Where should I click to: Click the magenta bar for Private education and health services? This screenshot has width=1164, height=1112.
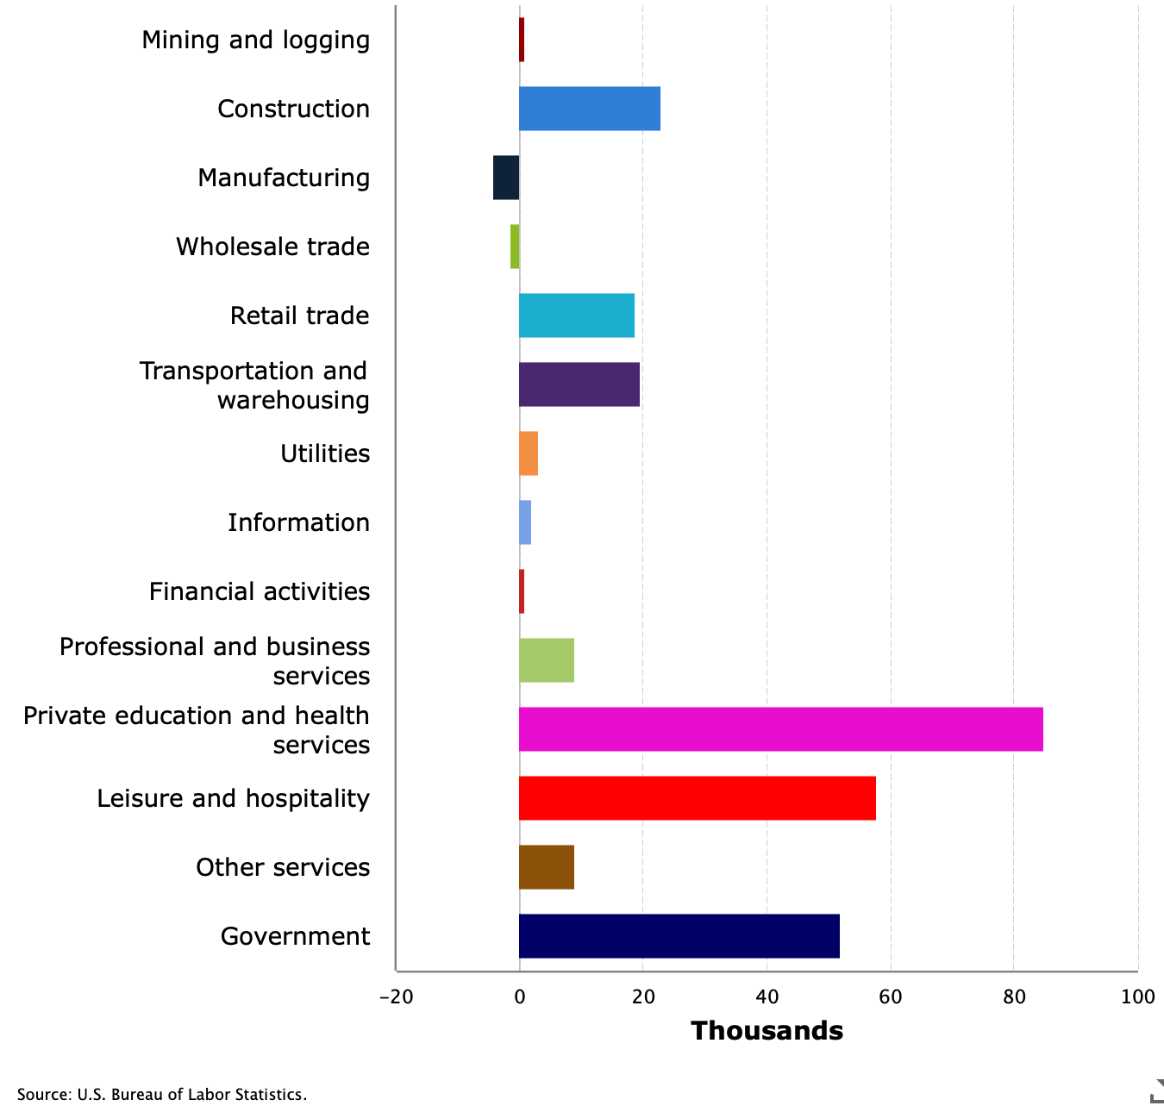780,729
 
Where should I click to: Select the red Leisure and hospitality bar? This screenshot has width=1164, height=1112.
697,798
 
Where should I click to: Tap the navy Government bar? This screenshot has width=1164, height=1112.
679,936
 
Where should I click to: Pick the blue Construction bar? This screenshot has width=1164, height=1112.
589,109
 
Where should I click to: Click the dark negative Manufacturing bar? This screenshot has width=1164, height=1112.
506,178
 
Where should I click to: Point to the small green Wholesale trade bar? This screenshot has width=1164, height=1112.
515,247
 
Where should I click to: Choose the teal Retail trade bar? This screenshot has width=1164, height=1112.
576,315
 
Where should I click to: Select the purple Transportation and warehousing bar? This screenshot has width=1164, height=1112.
579,384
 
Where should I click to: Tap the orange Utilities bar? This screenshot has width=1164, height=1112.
529,453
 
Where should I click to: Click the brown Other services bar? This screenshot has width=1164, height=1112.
546,867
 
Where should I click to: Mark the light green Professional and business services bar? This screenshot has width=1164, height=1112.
546,660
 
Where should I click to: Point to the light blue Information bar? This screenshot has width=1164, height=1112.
525,522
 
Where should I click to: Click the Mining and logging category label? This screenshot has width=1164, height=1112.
255,41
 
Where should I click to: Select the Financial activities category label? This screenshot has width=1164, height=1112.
259,592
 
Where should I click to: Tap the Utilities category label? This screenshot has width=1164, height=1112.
324,454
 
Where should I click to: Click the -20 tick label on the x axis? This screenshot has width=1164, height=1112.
396,997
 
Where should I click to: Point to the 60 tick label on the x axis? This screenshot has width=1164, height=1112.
890,997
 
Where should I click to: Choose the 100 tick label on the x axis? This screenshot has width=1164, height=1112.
1137,997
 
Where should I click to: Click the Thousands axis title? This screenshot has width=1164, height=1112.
767,1031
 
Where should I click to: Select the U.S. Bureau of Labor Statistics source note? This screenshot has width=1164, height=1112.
161,1095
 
